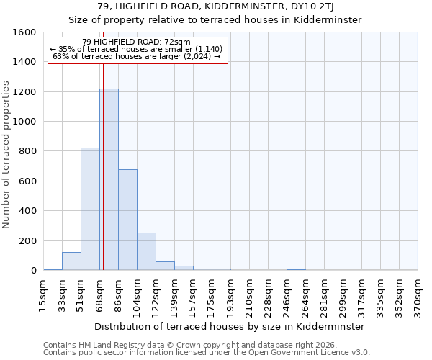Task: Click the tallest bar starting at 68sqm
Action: [109, 179]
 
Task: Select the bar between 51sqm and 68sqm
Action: [90, 209]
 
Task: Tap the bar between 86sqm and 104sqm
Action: [127, 220]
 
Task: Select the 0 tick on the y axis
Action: [33, 271]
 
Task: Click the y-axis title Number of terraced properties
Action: [7, 155]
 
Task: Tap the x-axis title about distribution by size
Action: [230, 326]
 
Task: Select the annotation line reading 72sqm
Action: [137, 42]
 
